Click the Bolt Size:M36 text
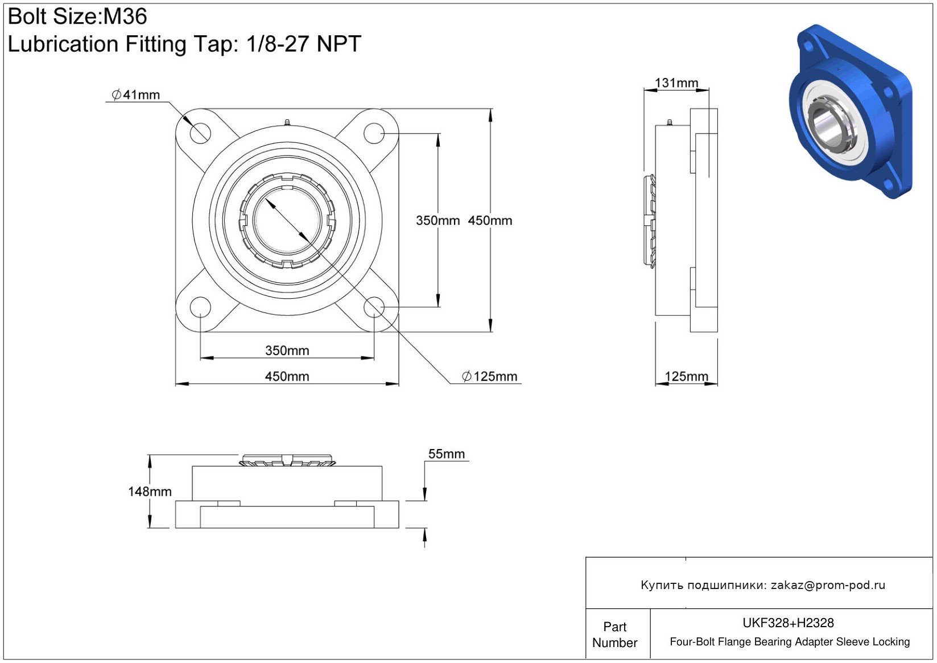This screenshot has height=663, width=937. (x=77, y=17)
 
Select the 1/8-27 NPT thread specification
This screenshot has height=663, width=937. (x=304, y=44)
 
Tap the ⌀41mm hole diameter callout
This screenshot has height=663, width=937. (x=135, y=94)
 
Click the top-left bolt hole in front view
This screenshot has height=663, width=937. (x=200, y=133)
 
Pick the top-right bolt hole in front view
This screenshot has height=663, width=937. (x=374, y=133)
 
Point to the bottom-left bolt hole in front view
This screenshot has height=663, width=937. (x=200, y=307)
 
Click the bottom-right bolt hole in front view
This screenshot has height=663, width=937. (x=374, y=307)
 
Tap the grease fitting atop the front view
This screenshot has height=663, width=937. (x=287, y=122)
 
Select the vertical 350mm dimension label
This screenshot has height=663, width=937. (x=437, y=221)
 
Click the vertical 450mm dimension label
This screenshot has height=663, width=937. (x=490, y=221)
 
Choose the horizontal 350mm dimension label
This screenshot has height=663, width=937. (x=287, y=351)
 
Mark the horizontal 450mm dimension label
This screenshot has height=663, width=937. (x=287, y=376)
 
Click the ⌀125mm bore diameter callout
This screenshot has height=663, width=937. (x=489, y=376)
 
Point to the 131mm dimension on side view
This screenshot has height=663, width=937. (x=676, y=83)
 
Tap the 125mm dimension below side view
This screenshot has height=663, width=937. (x=687, y=376)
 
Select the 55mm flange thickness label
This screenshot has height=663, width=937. (x=447, y=454)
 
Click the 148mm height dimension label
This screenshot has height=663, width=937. (x=150, y=491)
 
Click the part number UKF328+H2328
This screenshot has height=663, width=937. (x=788, y=623)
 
